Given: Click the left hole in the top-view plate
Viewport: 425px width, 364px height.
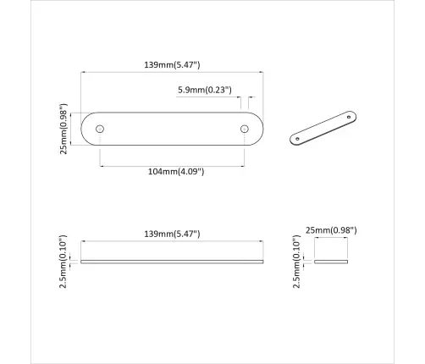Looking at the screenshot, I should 100,129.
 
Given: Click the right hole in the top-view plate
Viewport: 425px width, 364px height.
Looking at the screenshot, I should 244,129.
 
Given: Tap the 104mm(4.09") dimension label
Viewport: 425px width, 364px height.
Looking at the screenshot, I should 175,171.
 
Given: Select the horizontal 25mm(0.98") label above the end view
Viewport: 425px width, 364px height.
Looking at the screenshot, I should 334,229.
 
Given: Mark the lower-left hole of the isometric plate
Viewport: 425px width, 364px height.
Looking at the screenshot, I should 300,137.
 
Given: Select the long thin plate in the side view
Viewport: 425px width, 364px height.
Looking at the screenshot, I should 172,261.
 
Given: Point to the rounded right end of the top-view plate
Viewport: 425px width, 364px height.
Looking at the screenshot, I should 258,129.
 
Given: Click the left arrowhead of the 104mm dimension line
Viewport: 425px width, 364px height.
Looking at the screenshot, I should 102,163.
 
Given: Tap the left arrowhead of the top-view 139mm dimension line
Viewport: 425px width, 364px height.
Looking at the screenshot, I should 83,73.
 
